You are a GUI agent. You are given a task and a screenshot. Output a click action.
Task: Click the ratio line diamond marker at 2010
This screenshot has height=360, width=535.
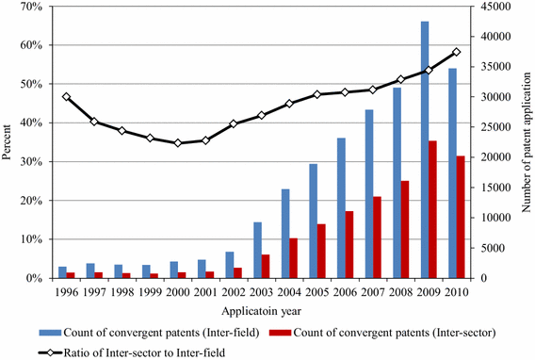tap(457, 52)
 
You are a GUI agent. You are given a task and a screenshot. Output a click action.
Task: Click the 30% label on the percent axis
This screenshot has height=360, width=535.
tap(30, 162)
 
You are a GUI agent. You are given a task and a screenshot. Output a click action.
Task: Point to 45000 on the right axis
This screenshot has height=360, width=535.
tap(490, 7)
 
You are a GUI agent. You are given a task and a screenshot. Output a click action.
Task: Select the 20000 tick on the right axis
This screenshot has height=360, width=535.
tap(490, 157)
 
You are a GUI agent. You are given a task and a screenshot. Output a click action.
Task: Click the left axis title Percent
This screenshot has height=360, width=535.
tap(8, 143)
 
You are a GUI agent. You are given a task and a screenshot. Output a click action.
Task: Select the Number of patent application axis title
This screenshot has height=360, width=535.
tap(526, 143)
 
